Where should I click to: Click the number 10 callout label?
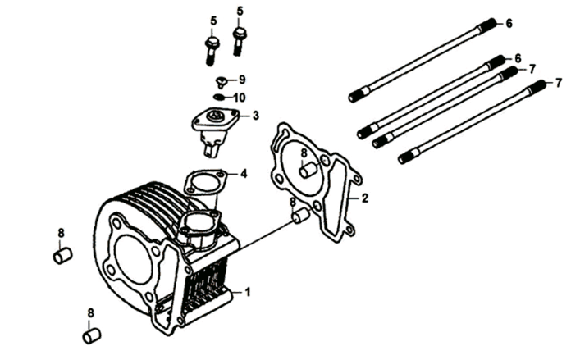pos(240,98)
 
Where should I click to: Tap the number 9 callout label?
pos(242,80)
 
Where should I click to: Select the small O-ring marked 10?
pos(218,98)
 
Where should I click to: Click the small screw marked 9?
pos(221,81)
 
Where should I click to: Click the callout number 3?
pos(256,116)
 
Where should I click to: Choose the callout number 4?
pos(244,174)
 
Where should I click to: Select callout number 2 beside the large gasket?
pos(364,198)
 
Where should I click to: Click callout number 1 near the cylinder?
pos(248,292)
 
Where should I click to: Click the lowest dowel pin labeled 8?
pos(92,336)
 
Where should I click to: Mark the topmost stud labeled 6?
pos(423,61)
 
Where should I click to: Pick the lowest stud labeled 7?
pos(472,121)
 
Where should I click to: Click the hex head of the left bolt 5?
pos(212,43)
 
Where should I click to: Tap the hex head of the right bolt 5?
pos(239,34)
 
